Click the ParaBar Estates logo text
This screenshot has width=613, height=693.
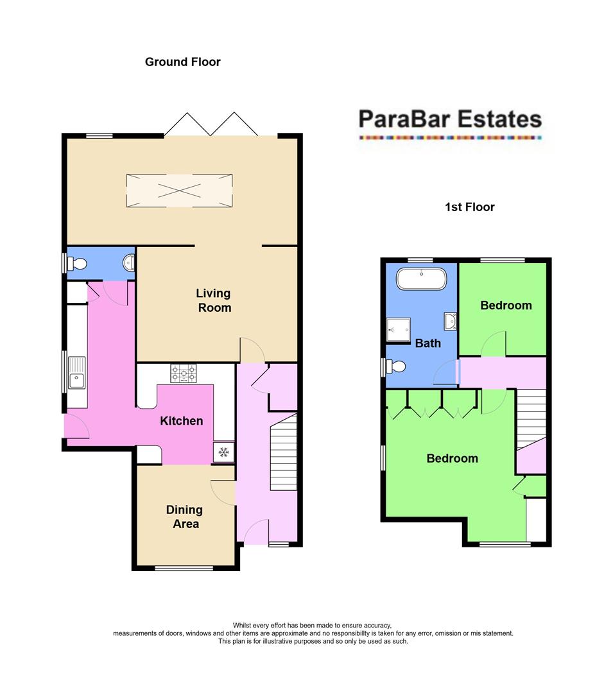(449, 119)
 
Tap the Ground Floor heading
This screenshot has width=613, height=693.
(182, 62)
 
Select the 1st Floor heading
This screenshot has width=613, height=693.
(469, 207)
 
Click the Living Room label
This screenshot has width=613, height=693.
(213, 300)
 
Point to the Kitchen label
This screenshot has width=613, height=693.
(181, 421)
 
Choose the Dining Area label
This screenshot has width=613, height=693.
(184, 517)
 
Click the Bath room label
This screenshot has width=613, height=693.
(427, 343)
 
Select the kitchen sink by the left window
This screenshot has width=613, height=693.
(76, 381)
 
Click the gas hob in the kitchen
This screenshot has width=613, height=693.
(183, 373)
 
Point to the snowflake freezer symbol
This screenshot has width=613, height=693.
(223, 452)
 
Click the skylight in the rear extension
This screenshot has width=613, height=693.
(180, 191)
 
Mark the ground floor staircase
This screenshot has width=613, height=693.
(284, 452)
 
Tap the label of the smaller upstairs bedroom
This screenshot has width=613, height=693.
(506, 305)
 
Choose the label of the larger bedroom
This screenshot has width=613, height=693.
(452, 458)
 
